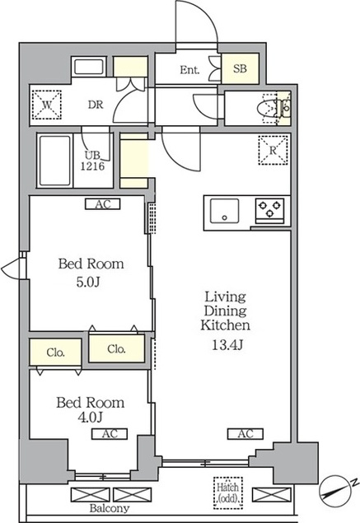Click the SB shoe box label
[x=240, y=68]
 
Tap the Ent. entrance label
[x=189, y=70]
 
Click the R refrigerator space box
[x=273, y=150]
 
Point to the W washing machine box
[x=47, y=105]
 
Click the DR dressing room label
[x=96, y=105]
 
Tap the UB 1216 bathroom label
[x=92, y=161]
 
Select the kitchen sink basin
[x=224, y=211]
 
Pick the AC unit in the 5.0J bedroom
[x=102, y=204]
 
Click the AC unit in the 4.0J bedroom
[x=110, y=433]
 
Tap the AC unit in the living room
[x=245, y=433]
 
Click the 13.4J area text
[x=227, y=345]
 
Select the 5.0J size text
[x=88, y=283]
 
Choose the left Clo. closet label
[x=56, y=353]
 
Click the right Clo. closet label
[x=116, y=349]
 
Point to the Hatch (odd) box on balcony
[x=228, y=493]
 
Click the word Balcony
[x=109, y=508]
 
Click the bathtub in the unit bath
[x=55, y=161]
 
